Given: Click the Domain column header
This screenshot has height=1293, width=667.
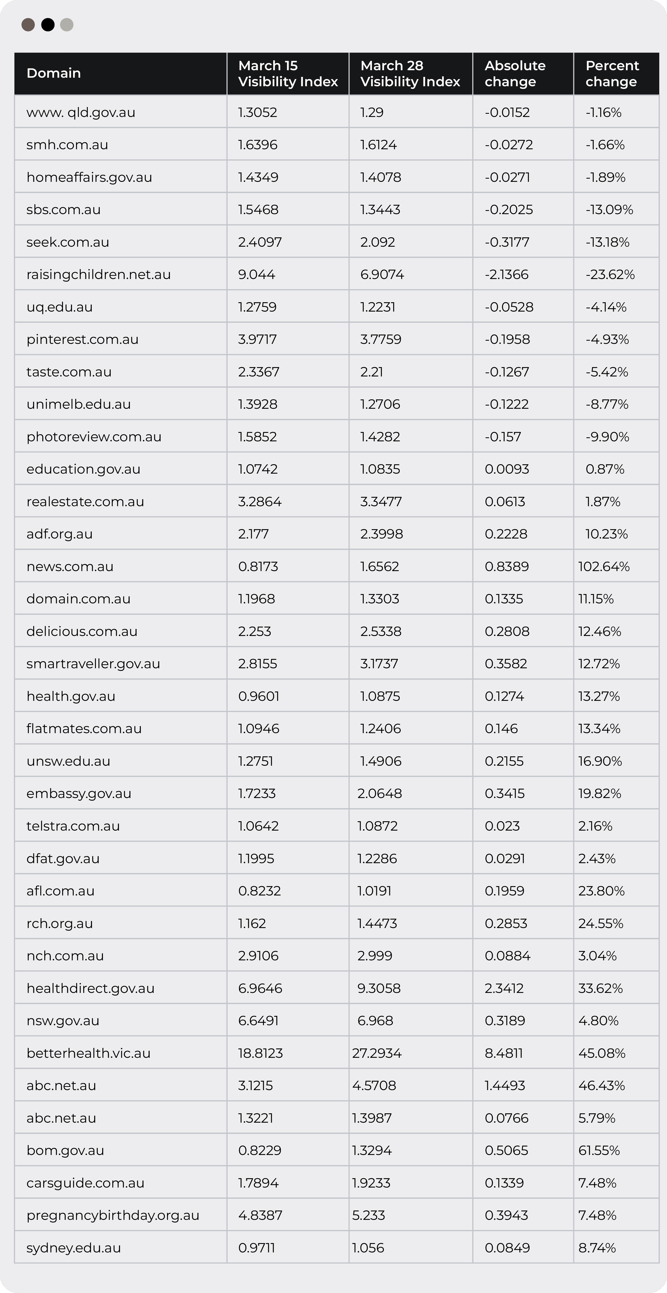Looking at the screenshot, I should tap(54, 73).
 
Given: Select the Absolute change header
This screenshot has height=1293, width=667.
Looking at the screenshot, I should tap(515, 73).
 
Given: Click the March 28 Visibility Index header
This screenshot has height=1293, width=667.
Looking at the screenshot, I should tap(410, 73).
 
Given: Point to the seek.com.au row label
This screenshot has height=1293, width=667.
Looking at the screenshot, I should tap(68, 242).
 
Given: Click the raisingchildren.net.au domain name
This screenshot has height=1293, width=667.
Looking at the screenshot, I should tap(98, 274).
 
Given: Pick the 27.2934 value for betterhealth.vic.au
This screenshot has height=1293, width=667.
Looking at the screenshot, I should tap(377, 1053).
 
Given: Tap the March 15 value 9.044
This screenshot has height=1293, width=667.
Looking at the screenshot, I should tap(256, 274).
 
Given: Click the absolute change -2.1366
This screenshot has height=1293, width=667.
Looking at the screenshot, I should tap(506, 274).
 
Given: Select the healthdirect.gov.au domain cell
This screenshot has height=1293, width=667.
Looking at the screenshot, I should tap(90, 988).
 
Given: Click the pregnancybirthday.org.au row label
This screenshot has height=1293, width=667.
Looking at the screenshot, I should tap(113, 1215).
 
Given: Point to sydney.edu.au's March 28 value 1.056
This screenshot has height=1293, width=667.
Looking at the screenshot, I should tap(368, 1248).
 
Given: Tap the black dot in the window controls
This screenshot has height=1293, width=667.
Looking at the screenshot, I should tap(48, 25).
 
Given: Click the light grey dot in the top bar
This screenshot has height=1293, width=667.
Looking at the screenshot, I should tap(67, 25).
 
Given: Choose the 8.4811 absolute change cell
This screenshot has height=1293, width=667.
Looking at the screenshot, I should tap(503, 1053).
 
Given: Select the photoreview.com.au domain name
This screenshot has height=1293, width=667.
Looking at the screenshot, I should tap(94, 437).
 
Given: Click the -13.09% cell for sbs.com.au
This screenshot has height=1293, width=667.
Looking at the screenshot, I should tap(609, 210).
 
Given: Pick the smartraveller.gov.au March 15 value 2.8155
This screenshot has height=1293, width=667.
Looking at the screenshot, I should tap(257, 663).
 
